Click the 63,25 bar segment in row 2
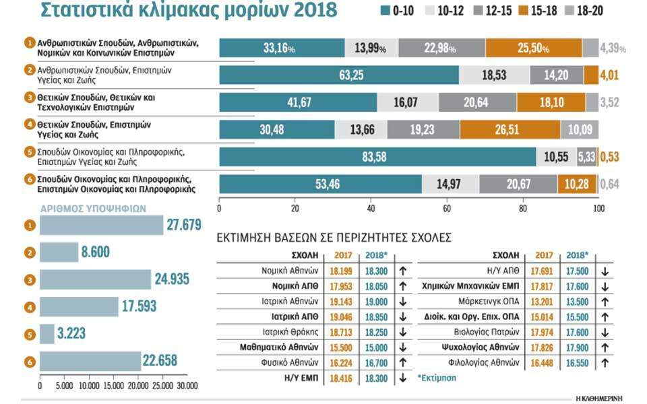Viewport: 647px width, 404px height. (339, 75)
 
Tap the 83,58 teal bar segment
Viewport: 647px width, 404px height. (377, 156)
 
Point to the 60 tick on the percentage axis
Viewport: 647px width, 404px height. (447, 209)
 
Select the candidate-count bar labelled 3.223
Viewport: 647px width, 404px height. (47, 334)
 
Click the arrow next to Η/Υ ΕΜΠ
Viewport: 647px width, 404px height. (402, 378)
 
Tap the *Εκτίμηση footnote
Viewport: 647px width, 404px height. (436, 378)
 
